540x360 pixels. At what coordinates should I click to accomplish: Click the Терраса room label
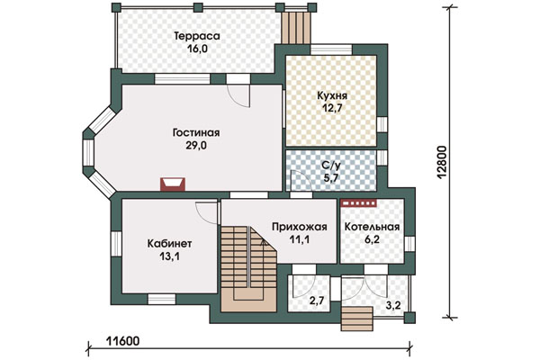[x=197, y=36]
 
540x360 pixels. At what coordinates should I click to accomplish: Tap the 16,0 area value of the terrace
[x=197, y=49]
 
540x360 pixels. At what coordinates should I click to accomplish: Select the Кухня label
[x=332, y=95]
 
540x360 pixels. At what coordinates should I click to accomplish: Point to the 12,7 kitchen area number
[x=332, y=108]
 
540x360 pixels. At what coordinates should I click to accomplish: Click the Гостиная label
[x=196, y=133]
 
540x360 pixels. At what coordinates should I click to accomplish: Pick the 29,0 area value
[x=196, y=146]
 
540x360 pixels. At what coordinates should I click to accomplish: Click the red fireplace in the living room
[x=173, y=184]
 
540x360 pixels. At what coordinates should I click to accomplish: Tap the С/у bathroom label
[x=331, y=166]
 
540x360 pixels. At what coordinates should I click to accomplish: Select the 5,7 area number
[x=331, y=178]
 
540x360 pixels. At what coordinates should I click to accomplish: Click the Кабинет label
[x=169, y=244]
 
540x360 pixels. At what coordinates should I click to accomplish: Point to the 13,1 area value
[x=170, y=256]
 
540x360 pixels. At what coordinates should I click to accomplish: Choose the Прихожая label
[x=300, y=227]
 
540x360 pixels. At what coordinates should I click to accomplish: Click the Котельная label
[x=372, y=227]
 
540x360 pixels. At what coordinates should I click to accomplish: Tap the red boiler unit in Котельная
[x=358, y=203]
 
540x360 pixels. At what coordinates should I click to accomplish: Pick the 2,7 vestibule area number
[x=317, y=301]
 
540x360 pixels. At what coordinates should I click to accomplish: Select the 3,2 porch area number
[x=393, y=305]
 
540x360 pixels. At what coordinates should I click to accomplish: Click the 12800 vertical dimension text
[x=442, y=163]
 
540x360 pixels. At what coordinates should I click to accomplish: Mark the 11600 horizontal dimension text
[x=122, y=341]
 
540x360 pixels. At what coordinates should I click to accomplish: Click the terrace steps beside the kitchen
[x=296, y=28]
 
